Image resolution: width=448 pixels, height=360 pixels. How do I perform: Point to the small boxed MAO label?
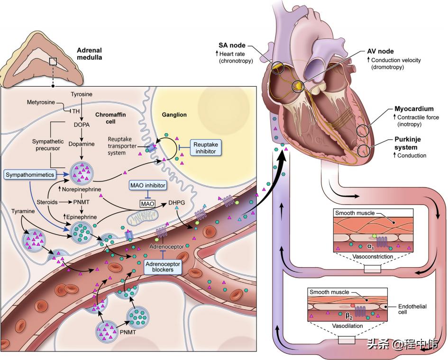[x=148, y=204]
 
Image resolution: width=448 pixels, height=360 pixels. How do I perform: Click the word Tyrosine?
[x=82, y=95]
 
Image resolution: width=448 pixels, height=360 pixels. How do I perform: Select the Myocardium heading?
[x=414, y=109]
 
